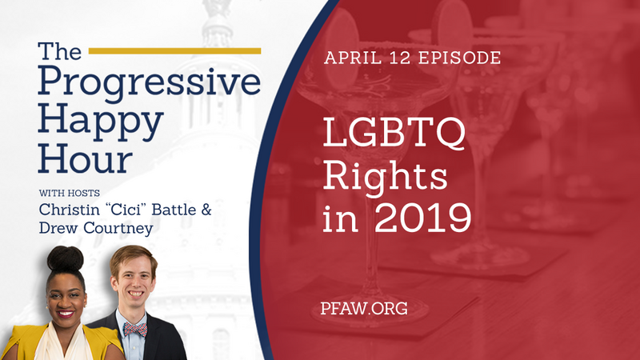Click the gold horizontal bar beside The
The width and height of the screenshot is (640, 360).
174,50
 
